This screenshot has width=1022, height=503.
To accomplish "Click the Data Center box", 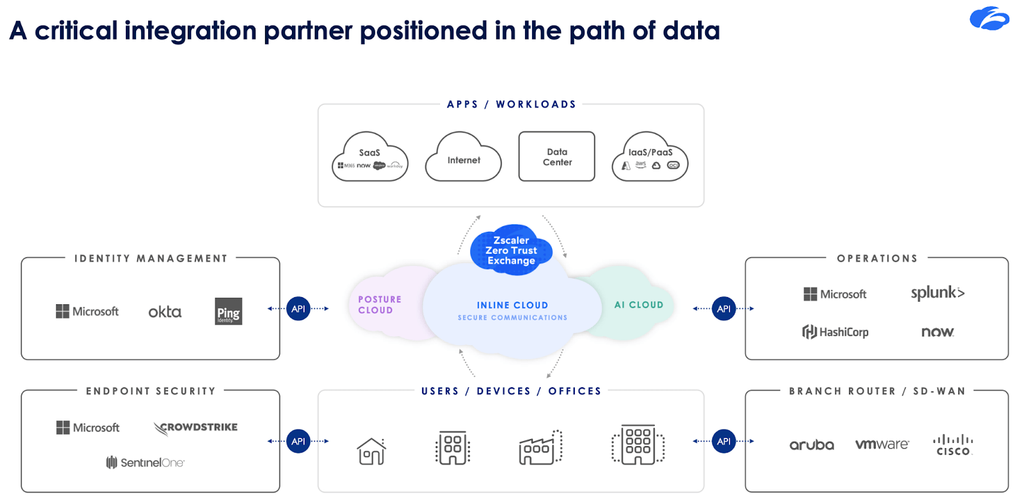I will click(x=557, y=157).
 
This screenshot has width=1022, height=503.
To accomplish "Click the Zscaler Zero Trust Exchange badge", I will click(x=511, y=250).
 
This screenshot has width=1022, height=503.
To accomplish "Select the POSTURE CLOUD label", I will click(x=379, y=305).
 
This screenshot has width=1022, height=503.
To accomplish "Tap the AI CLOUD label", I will click(x=639, y=305).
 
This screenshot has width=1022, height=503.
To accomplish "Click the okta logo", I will click(x=165, y=312).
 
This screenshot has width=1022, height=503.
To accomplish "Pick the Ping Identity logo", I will click(x=229, y=311).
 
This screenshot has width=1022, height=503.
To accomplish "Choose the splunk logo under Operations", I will click(x=937, y=293).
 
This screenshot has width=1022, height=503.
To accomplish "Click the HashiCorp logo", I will click(x=835, y=332).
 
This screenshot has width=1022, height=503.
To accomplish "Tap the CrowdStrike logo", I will click(x=195, y=428).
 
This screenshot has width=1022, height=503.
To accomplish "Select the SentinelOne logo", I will click(x=145, y=462).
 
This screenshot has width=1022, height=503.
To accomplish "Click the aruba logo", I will click(x=811, y=445).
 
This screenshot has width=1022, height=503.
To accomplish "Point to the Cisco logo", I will click(x=953, y=445).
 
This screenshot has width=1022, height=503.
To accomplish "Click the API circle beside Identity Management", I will click(x=298, y=309).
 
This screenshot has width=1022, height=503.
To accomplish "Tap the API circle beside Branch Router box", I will click(x=724, y=441).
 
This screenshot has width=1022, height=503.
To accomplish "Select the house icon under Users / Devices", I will click(x=371, y=451).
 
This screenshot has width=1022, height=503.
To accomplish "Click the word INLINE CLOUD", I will click(x=512, y=306).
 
